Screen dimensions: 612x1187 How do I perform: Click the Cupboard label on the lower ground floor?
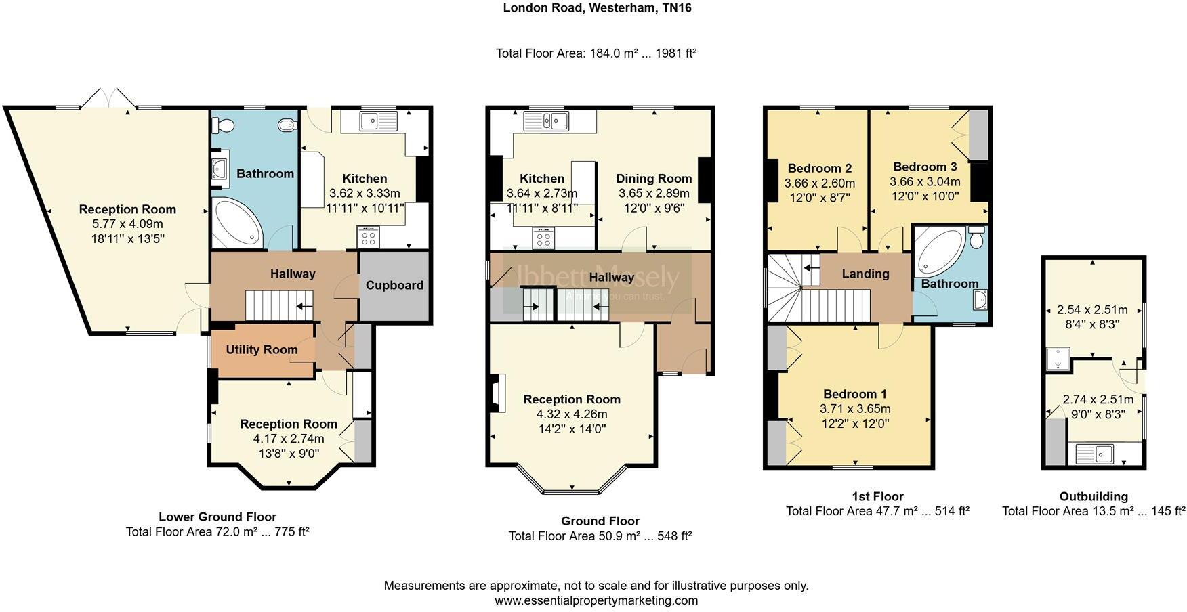394,285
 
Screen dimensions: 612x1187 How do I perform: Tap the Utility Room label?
262,349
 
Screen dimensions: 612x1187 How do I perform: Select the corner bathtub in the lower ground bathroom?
235,223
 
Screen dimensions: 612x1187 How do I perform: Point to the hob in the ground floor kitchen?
544,238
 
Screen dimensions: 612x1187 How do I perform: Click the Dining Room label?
653,179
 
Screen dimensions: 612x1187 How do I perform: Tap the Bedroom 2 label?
819,168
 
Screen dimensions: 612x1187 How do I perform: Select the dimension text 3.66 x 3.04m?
924,182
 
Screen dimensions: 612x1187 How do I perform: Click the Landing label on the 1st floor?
865,274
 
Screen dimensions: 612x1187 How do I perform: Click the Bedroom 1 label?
854,394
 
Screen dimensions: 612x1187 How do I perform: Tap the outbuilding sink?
1094,453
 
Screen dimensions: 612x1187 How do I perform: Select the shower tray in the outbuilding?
1058,360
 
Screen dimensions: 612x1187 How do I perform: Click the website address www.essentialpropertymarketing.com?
596,600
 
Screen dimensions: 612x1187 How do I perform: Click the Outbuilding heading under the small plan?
1093,496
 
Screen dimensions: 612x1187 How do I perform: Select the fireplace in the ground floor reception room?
498,393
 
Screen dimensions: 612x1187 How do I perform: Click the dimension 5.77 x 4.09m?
127,224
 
